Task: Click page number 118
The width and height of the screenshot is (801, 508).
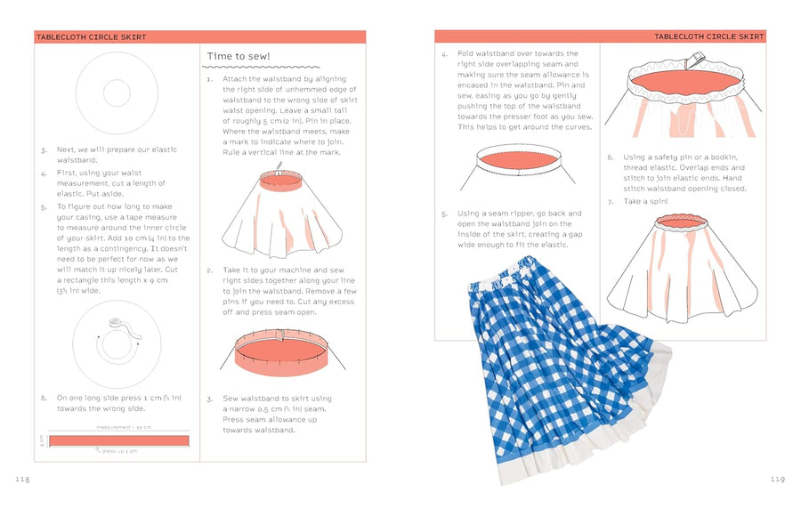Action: pos(22,480)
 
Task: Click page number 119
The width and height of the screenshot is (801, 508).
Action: pos(777,480)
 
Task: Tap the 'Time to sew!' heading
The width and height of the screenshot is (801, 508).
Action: pos(239,56)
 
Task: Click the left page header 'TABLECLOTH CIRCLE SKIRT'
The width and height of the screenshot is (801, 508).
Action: pos(91,37)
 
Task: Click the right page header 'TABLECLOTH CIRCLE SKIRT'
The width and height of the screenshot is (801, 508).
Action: pos(708,36)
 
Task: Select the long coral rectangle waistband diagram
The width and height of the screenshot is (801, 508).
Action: pos(118,440)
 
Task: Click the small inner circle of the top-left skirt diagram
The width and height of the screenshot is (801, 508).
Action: pos(117,93)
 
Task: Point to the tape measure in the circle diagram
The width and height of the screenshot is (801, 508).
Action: pos(117,327)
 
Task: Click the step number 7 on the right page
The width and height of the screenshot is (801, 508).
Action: pos(611,202)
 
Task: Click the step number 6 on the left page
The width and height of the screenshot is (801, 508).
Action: pos(44,398)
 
